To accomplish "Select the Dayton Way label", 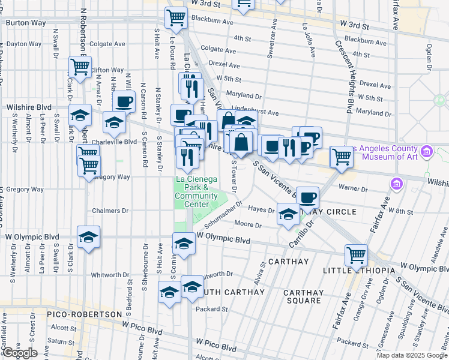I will point(24,44).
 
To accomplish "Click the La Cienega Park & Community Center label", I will point(196,191).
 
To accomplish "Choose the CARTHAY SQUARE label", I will point(304,296).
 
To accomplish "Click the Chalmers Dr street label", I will point(110,211).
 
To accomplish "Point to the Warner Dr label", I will point(352,188).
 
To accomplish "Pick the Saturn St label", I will point(62,341).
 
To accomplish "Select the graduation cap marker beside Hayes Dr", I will point(289,215).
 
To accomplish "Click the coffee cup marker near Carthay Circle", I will point(308,196).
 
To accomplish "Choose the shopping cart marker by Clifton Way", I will point(80,65).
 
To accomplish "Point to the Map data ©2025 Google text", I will point(412,355).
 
